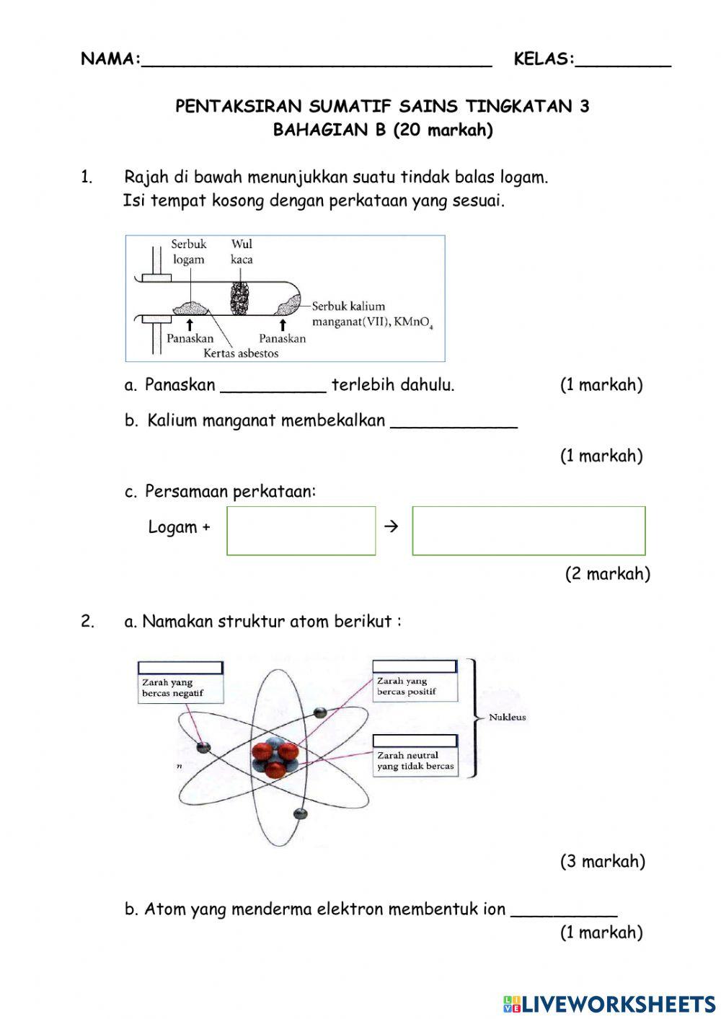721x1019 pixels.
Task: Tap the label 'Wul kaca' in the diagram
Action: [x=242, y=252]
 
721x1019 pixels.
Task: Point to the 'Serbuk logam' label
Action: [x=188, y=252]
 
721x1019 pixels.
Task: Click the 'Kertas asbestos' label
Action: [x=240, y=353]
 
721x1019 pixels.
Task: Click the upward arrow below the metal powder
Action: [x=189, y=325]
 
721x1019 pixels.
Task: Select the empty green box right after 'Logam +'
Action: [x=301, y=531]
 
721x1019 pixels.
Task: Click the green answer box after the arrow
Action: [x=528, y=531]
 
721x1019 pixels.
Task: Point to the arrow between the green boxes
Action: [x=392, y=526]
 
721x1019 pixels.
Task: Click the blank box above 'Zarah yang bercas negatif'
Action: [x=180, y=668]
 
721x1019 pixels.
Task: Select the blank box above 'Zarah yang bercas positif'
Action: [x=415, y=666]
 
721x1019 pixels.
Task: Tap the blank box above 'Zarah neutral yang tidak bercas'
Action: [x=415, y=741]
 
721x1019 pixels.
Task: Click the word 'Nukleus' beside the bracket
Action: [x=508, y=718]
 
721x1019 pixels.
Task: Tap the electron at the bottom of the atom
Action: [x=301, y=813]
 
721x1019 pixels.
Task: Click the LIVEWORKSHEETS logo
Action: [x=609, y=1003]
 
